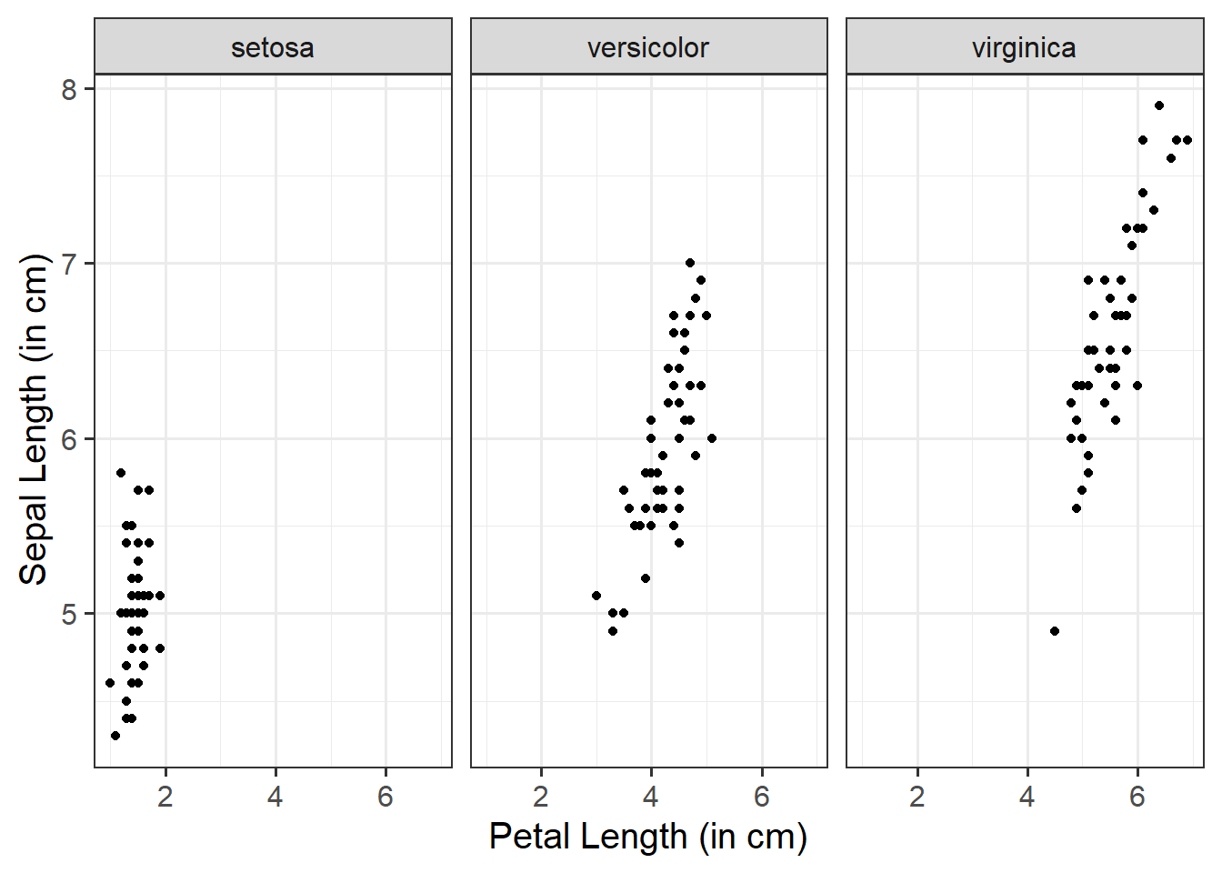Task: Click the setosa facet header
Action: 273,47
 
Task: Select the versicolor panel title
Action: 648,47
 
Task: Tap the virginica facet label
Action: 1024,47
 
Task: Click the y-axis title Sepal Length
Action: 34,419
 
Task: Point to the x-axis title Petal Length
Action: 647,837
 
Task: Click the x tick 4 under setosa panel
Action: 275,798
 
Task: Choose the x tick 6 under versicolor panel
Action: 762,798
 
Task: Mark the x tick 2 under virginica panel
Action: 917,798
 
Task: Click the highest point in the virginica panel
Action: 1159,105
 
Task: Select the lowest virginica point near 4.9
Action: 1055,631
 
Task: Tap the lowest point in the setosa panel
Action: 115,736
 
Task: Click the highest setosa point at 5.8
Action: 121,473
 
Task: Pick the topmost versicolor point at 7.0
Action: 690,263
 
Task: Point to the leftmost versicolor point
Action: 596,596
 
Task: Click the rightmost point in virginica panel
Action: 1187,140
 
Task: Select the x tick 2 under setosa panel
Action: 165,798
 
